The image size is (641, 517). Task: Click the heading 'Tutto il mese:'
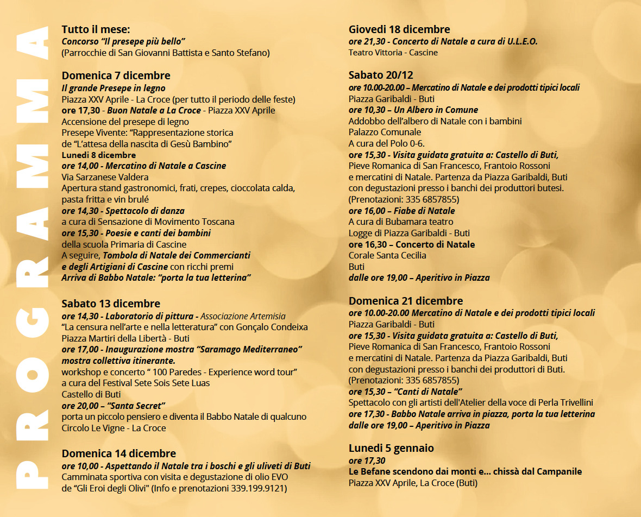coord(96,29)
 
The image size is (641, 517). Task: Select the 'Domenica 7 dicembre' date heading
coord(116,75)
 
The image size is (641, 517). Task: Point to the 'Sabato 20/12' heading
coord(381,75)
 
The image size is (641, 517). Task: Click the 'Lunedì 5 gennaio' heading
coord(391,448)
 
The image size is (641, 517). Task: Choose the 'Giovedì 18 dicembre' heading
coord(399,29)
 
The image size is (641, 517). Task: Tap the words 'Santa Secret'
coord(136,405)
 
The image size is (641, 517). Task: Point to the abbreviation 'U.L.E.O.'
coord(521,41)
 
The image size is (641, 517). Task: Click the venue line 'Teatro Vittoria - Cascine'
coord(393,53)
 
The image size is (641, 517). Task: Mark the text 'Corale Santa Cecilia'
coord(387,255)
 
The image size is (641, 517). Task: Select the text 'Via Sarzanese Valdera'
coord(105,177)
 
